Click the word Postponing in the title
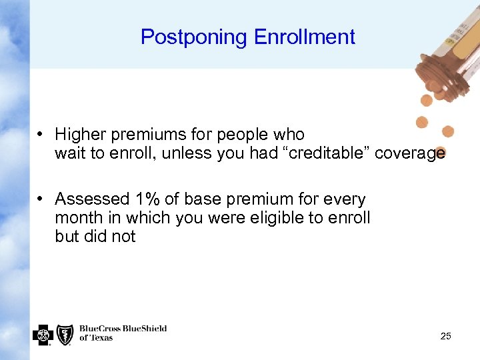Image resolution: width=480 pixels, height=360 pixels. pyautogui.click(x=193, y=37)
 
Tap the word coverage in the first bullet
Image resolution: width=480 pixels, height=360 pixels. pyautogui.click(x=409, y=153)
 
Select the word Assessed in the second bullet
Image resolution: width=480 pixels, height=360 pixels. pyautogui.click(x=92, y=199)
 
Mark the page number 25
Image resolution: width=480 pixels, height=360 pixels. pyautogui.click(x=445, y=336)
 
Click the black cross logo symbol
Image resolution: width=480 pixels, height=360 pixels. pyautogui.click(x=43, y=333)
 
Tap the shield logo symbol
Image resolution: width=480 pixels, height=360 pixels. pyautogui.click(x=65, y=333)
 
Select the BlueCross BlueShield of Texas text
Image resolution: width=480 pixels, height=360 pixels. pyautogui.click(x=123, y=333)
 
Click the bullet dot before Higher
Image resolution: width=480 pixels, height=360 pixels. pyautogui.click(x=41, y=135)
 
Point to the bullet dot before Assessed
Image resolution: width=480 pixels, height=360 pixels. pyautogui.click(x=41, y=199)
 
